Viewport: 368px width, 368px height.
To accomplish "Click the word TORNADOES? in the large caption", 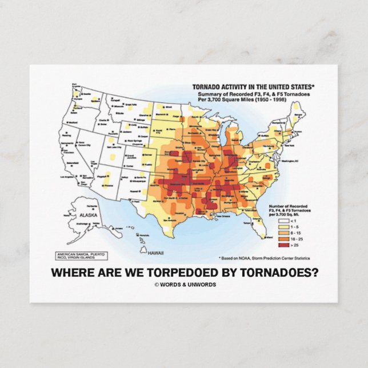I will [281, 272].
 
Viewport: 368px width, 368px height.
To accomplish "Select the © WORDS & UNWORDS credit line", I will [185, 285].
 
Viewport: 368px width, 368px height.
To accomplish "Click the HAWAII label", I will [154, 252].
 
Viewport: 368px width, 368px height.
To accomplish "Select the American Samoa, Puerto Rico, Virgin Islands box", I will [81, 255].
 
